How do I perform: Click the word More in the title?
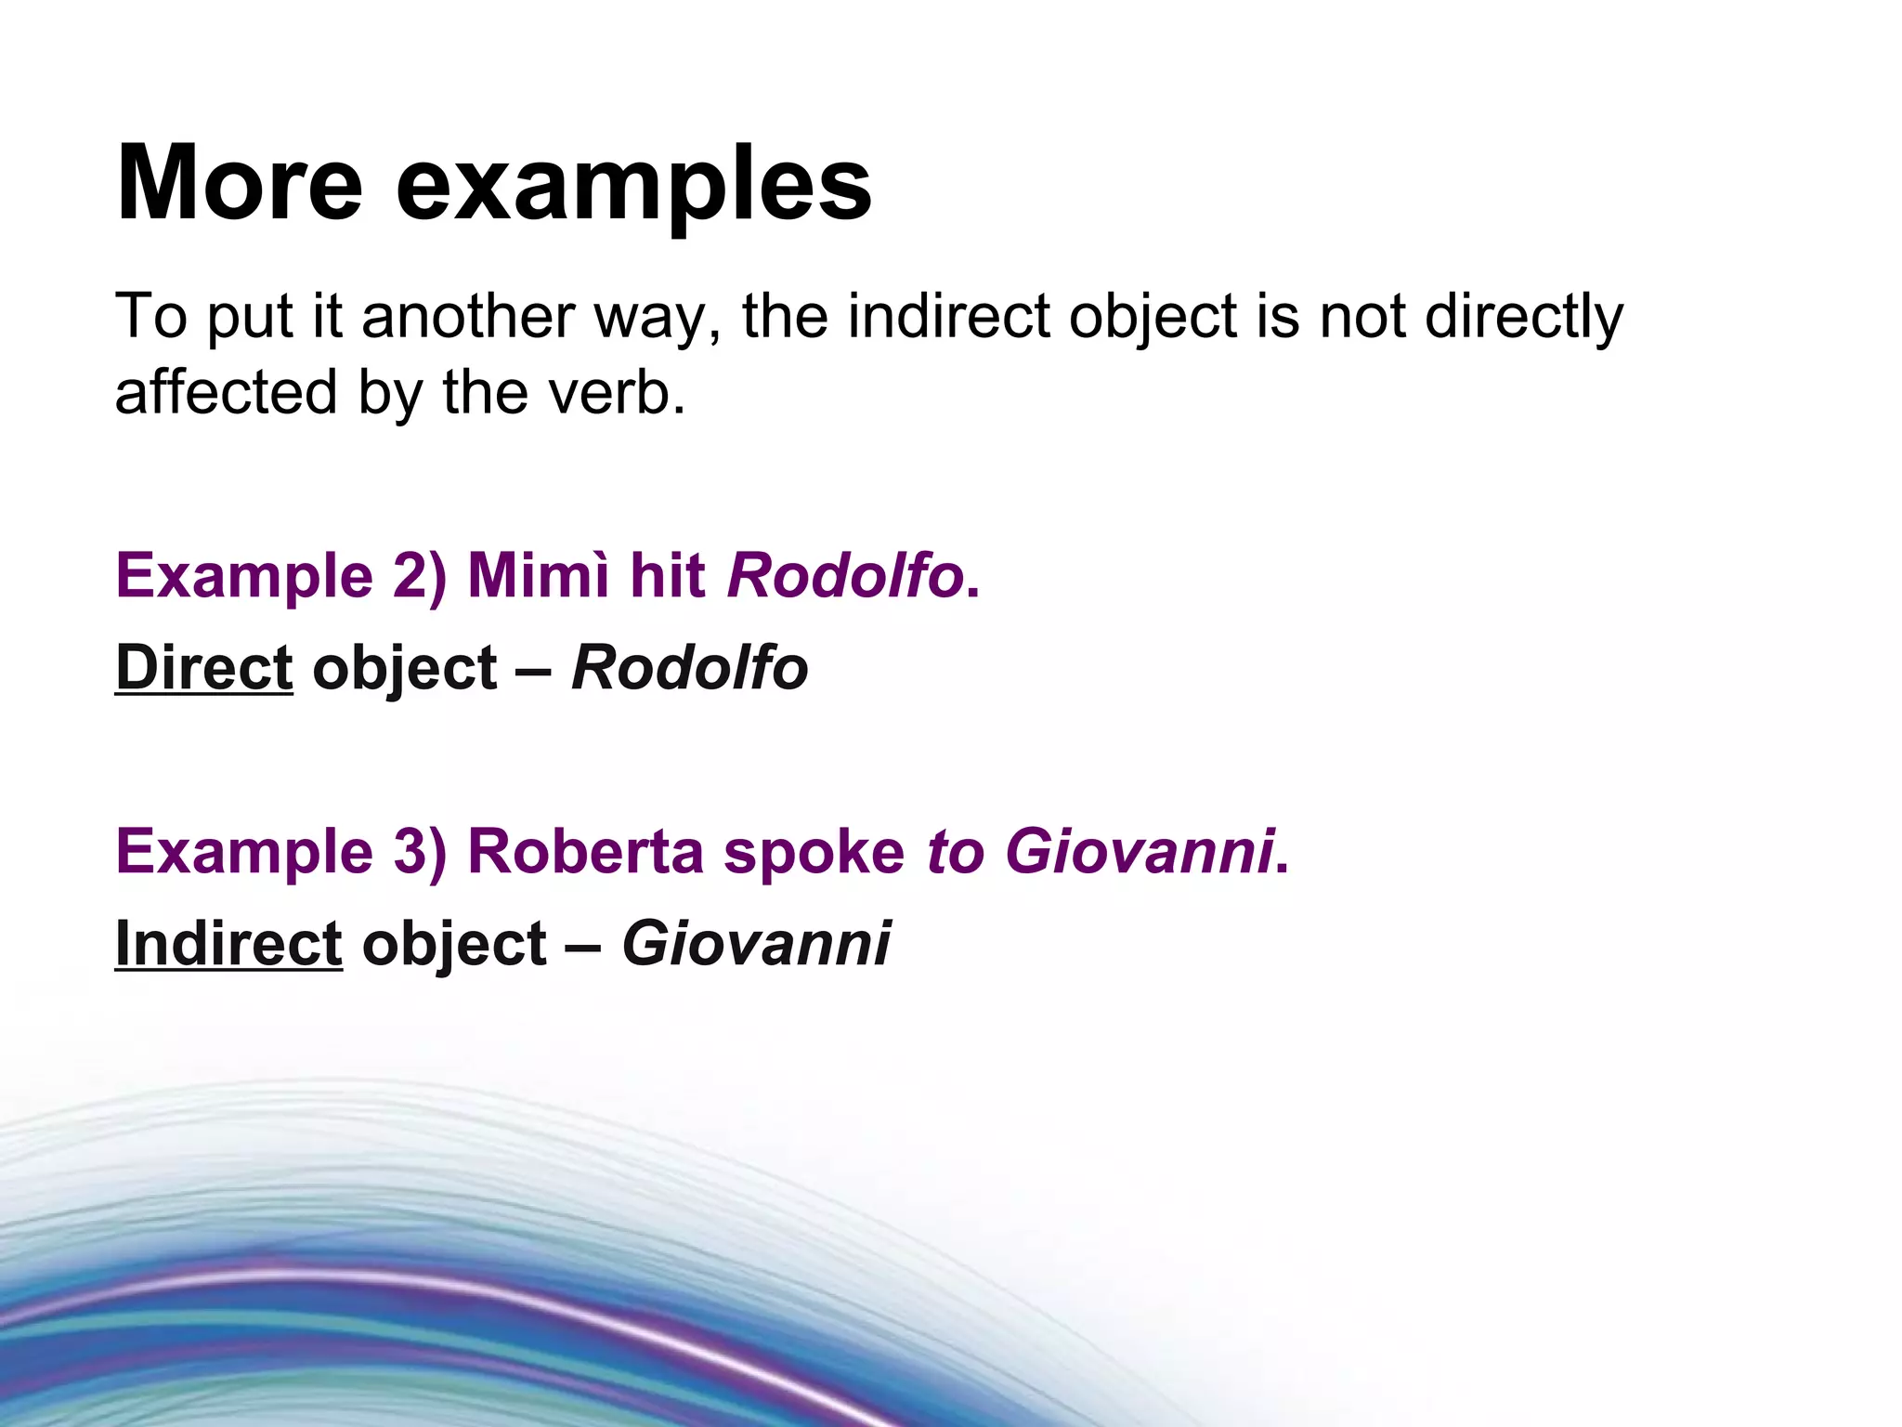coord(239,183)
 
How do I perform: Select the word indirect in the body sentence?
coord(948,317)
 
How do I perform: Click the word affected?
coord(226,392)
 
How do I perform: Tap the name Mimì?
coord(539,575)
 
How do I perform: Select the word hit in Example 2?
coord(667,575)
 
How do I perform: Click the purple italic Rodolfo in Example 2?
coord(845,575)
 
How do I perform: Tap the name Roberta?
coord(585,852)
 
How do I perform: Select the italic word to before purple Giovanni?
coord(955,852)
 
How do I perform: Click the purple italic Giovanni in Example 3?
coord(1139,852)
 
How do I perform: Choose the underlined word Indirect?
coord(228,944)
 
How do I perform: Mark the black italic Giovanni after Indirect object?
coord(756,944)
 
